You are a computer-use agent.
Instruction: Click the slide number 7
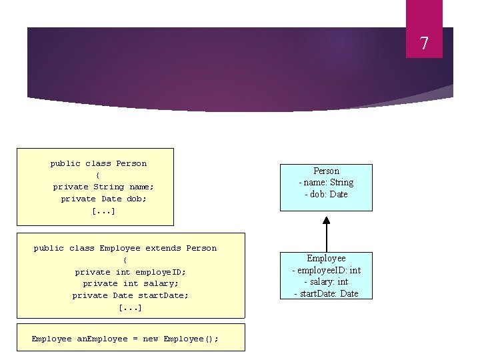pyautogui.click(x=423, y=44)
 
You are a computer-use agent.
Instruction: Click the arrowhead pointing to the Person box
pyautogui.click(x=326, y=221)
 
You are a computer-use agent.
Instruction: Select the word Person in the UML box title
pyautogui.click(x=326, y=171)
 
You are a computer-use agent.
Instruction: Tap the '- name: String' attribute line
pyautogui.click(x=326, y=183)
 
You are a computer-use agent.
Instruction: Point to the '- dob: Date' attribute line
pyautogui.click(x=326, y=195)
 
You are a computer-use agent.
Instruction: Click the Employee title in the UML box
pyautogui.click(x=326, y=259)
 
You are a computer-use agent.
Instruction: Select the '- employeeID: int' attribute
pyautogui.click(x=326, y=270)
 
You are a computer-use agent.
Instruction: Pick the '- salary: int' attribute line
pyautogui.click(x=326, y=282)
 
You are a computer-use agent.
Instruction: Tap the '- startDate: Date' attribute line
pyautogui.click(x=326, y=293)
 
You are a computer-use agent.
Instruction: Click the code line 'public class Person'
pyautogui.click(x=99, y=163)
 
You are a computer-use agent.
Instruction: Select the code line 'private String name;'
pyautogui.click(x=103, y=187)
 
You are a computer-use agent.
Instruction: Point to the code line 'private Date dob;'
pyautogui.click(x=103, y=199)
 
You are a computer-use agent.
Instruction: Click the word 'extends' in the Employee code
pyautogui.click(x=163, y=248)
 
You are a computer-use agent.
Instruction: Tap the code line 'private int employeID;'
pyautogui.click(x=131, y=272)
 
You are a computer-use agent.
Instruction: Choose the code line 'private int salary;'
pyautogui.click(x=131, y=283)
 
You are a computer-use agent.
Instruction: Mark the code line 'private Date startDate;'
pyautogui.click(x=131, y=295)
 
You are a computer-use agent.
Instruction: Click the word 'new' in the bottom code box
pyautogui.click(x=151, y=339)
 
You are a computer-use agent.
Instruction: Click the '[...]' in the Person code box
pyautogui.click(x=103, y=211)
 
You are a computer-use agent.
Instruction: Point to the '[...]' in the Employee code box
pyautogui.click(x=131, y=307)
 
